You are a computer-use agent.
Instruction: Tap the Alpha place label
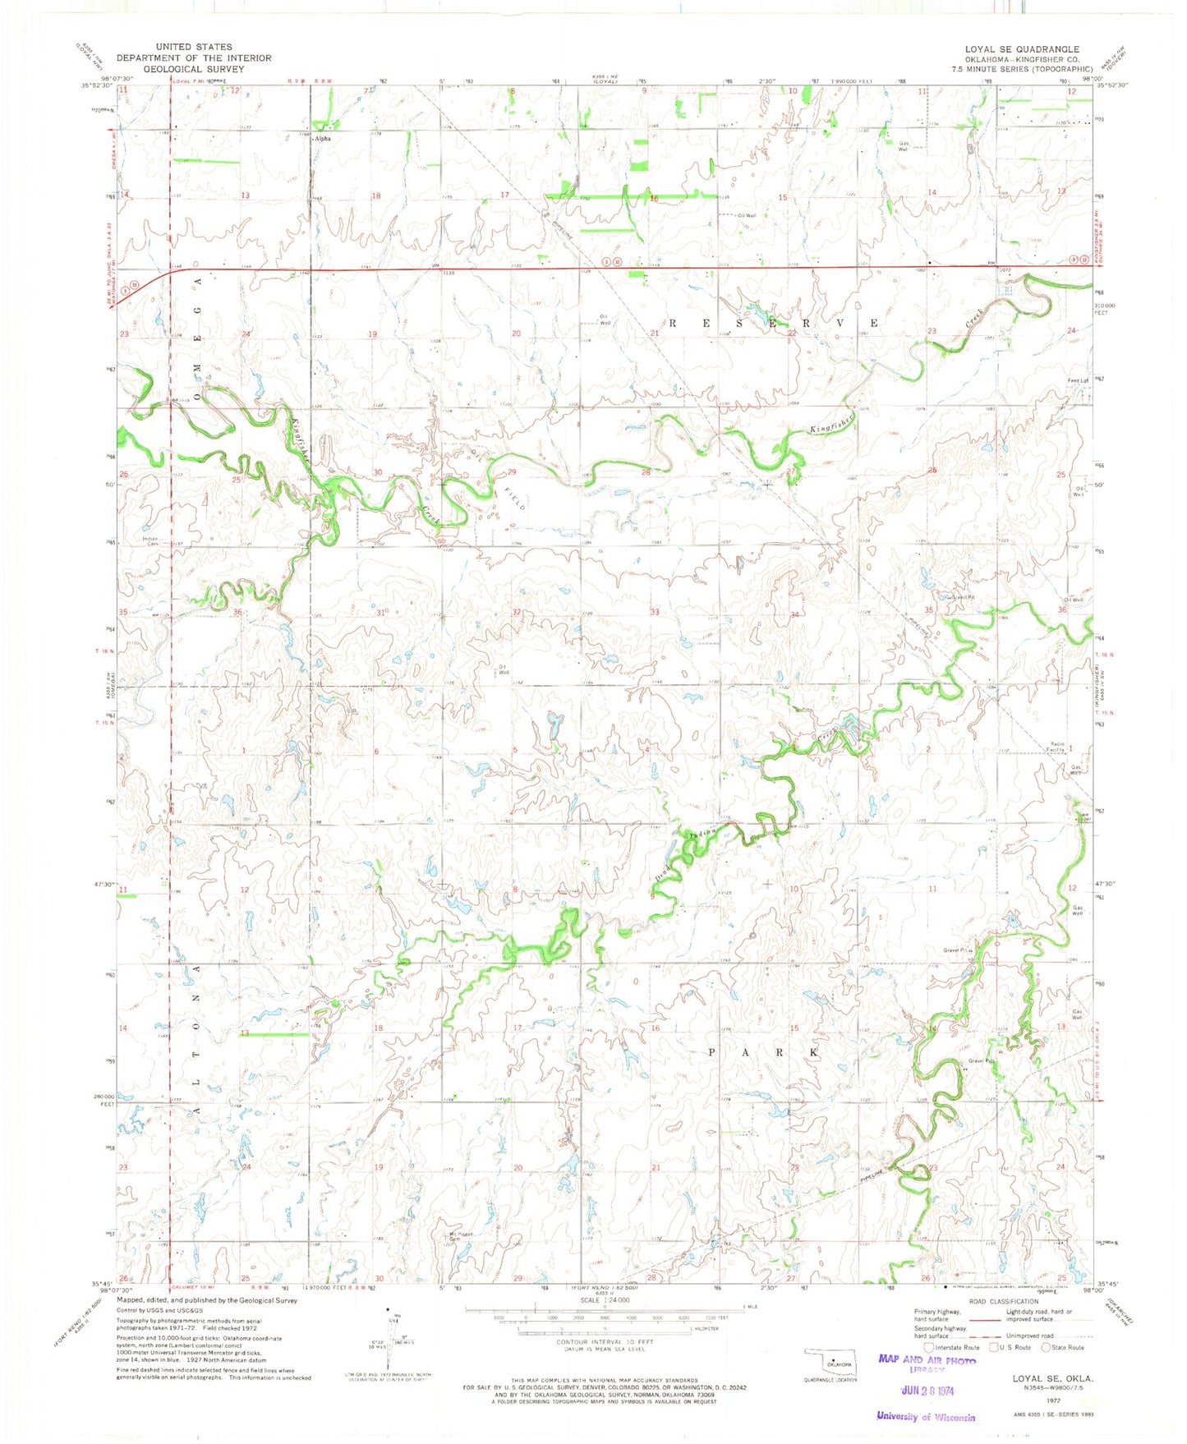[x=322, y=139]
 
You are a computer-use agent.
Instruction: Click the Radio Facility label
[x=1056, y=747]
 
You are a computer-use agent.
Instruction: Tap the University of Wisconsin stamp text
[x=925, y=1416]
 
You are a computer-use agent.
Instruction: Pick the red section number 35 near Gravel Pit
[x=928, y=610]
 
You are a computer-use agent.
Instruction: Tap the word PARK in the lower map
[x=763, y=1052]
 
